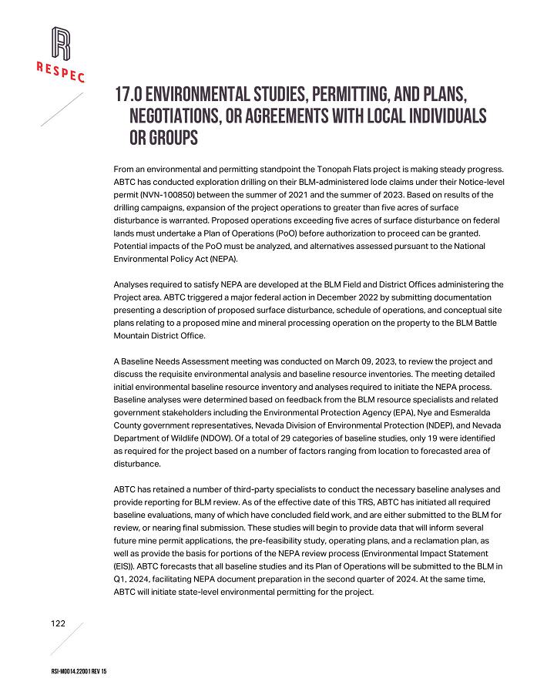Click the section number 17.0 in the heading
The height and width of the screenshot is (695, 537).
128,95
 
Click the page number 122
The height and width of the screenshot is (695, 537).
59,623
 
